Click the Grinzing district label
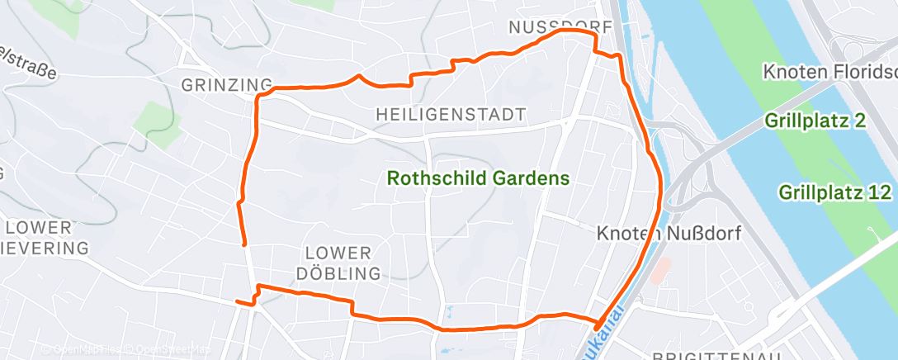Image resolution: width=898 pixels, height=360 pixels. click(x=226, y=84)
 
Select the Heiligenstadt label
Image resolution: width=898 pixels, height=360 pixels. click(x=450, y=114)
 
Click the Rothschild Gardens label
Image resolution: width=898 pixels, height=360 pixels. click(x=479, y=178)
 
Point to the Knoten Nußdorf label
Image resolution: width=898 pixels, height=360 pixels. click(x=669, y=234)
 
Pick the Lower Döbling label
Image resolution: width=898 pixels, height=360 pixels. click(x=343, y=263)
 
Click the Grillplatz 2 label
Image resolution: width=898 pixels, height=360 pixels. click(x=814, y=121)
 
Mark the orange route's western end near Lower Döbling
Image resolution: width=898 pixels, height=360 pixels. click(x=237, y=302)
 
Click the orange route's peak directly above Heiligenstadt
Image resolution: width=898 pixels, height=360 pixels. click(x=357, y=76)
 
